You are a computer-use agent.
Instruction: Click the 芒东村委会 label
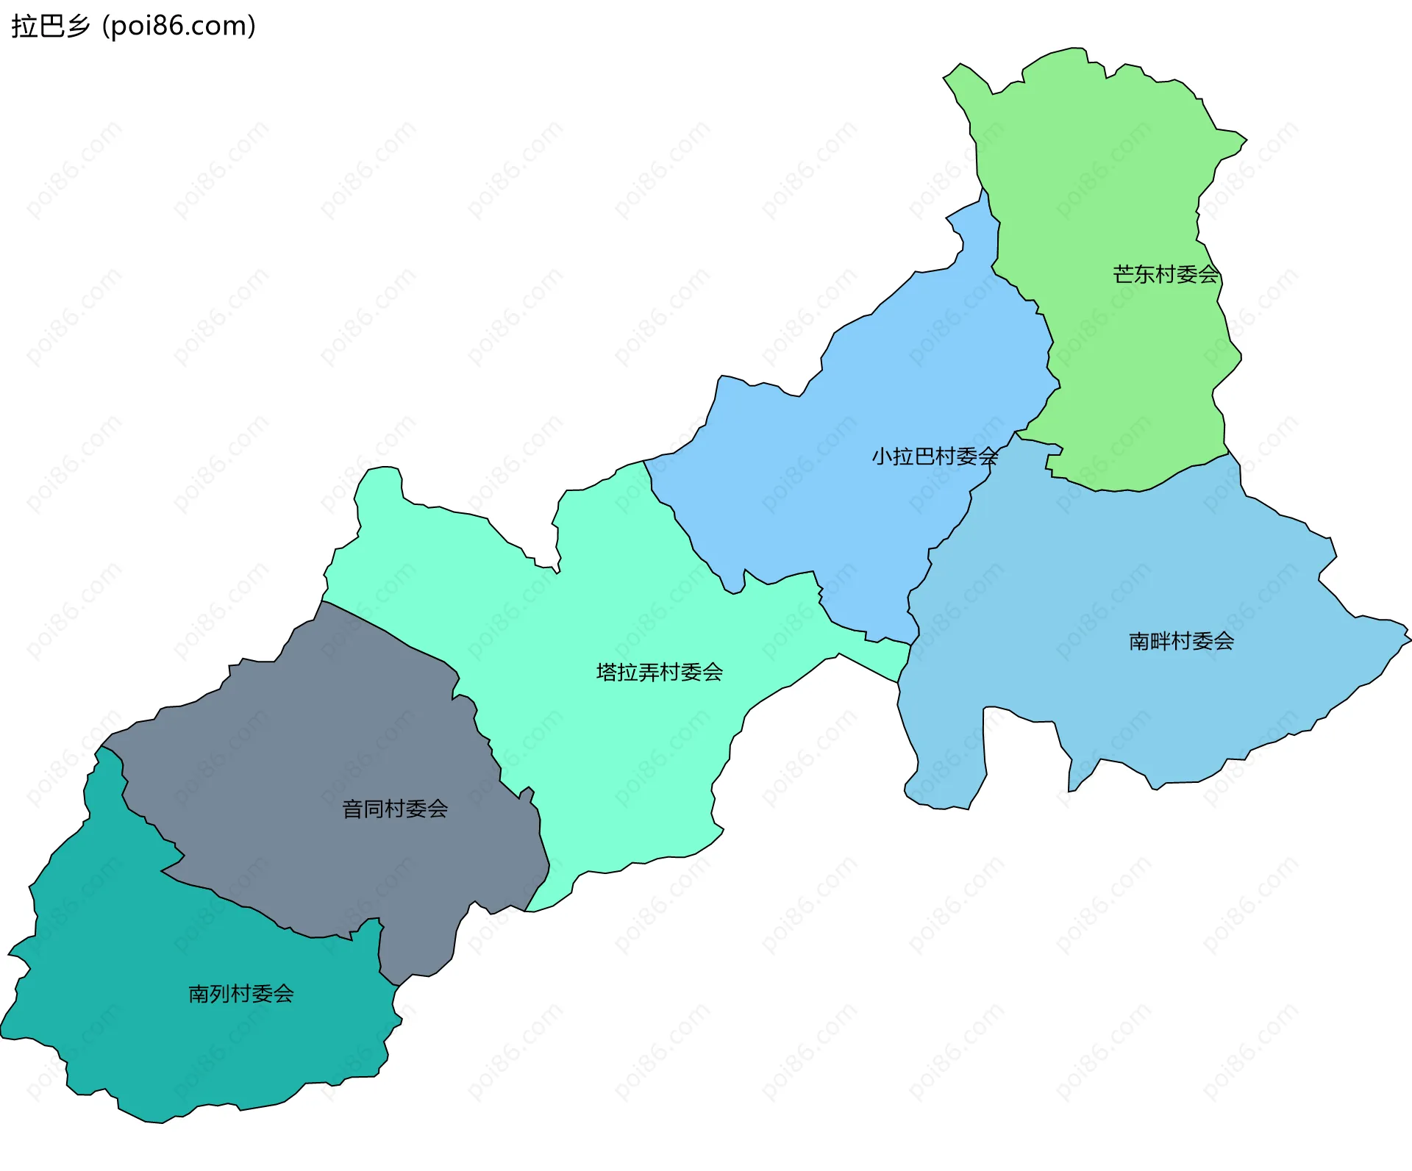coord(1166,274)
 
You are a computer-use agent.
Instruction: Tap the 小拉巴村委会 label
coord(935,456)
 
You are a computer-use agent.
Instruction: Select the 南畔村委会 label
coord(1181,641)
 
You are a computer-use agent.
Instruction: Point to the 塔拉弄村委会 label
coord(659,672)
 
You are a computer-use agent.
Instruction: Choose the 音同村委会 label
coord(395,809)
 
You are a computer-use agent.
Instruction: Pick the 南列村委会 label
coord(241,994)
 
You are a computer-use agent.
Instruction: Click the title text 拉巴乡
coord(50,26)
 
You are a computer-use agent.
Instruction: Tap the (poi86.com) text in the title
coord(179,26)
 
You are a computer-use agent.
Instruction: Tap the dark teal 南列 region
coord(184,1044)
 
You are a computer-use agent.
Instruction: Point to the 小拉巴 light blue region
coord(846,515)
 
